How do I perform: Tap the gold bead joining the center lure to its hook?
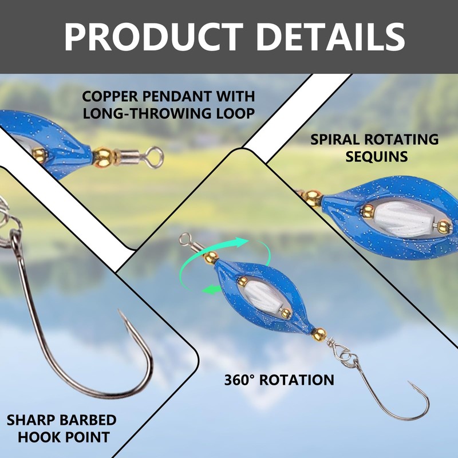(319, 334)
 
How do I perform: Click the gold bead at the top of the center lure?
(211, 257)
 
